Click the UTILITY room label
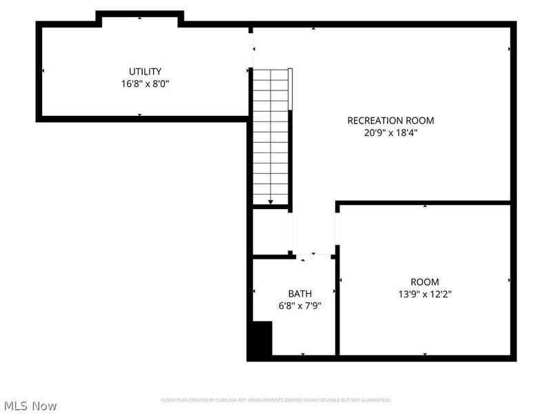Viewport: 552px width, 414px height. [x=145, y=71]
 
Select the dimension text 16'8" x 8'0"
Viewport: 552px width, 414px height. [x=145, y=83]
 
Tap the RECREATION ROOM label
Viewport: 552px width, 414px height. [x=391, y=120]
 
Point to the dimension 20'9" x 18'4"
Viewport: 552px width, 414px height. [x=391, y=132]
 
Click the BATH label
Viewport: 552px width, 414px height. [x=299, y=293]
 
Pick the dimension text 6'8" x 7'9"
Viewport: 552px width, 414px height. [x=299, y=306]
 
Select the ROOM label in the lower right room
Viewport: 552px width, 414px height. [x=424, y=282]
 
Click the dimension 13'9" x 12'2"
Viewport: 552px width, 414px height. [x=424, y=294]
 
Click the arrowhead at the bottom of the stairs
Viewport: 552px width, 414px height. [x=270, y=202]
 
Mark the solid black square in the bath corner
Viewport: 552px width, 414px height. [x=261, y=339]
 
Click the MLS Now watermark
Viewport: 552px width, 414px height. [x=30, y=406]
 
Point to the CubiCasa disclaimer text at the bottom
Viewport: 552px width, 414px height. [x=276, y=400]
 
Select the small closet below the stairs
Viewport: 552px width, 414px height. [x=270, y=231]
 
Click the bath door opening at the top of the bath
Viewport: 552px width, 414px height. [x=314, y=256]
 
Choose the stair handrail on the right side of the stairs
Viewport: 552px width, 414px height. [x=290, y=89]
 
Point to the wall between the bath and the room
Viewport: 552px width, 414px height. [x=337, y=306]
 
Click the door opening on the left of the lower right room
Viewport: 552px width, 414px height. [x=337, y=228]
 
